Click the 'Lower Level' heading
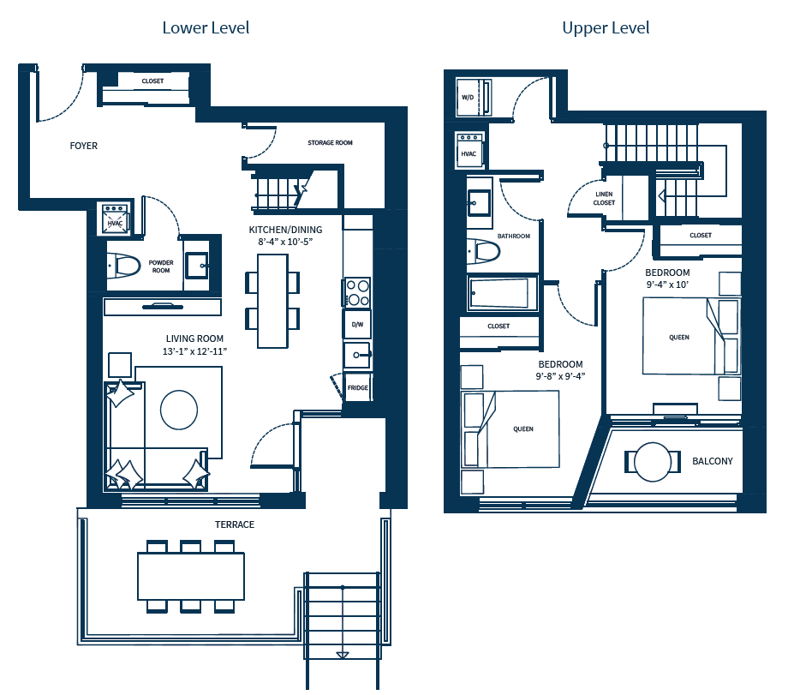pos(206,28)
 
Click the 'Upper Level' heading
pos(606,28)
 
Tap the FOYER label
pos(84,146)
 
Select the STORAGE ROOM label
pos(330,143)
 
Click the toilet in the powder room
pos(123,266)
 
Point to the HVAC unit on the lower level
pos(115,220)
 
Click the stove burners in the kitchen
pos(357,292)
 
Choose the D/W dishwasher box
pos(357,325)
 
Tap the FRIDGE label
pos(357,388)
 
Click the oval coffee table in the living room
pos(179,410)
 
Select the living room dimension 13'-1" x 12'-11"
pos(194,351)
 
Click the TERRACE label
pos(234,524)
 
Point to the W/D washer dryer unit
pos(469,98)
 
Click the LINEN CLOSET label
pos(604,198)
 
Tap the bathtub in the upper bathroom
pos(502,294)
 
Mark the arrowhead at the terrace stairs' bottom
pos(343,656)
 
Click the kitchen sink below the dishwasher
pos(356,354)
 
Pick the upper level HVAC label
pos(469,154)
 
